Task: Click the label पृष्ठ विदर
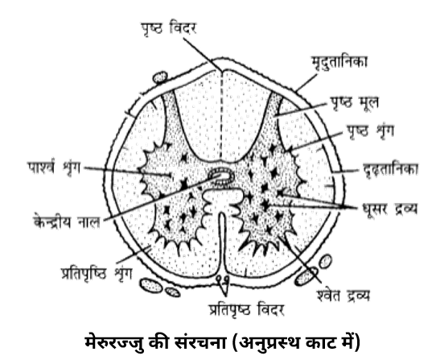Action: (x=169, y=29)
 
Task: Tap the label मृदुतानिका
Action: (x=339, y=62)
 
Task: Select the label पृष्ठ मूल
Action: (x=354, y=103)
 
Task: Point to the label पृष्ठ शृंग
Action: (x=370, y=130)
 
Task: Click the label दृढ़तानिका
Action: (x=390, y=169)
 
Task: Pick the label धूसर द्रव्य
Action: (x=389, y=209)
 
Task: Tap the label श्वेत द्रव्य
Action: (x=343, y=296)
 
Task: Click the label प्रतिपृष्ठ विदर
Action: (x=246, y=309)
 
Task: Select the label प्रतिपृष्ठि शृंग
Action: (x=97, y=274)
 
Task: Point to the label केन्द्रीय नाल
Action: (x=67, y=221)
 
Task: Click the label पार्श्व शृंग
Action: (x=54, y=168)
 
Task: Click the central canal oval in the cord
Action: (x=221, y=176)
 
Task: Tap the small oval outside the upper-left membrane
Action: (x=160, y=77)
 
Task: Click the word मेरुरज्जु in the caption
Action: (x=114, y=343)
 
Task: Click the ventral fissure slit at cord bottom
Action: (x=223, y=242)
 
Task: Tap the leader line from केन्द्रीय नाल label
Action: (x=162, y=197)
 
